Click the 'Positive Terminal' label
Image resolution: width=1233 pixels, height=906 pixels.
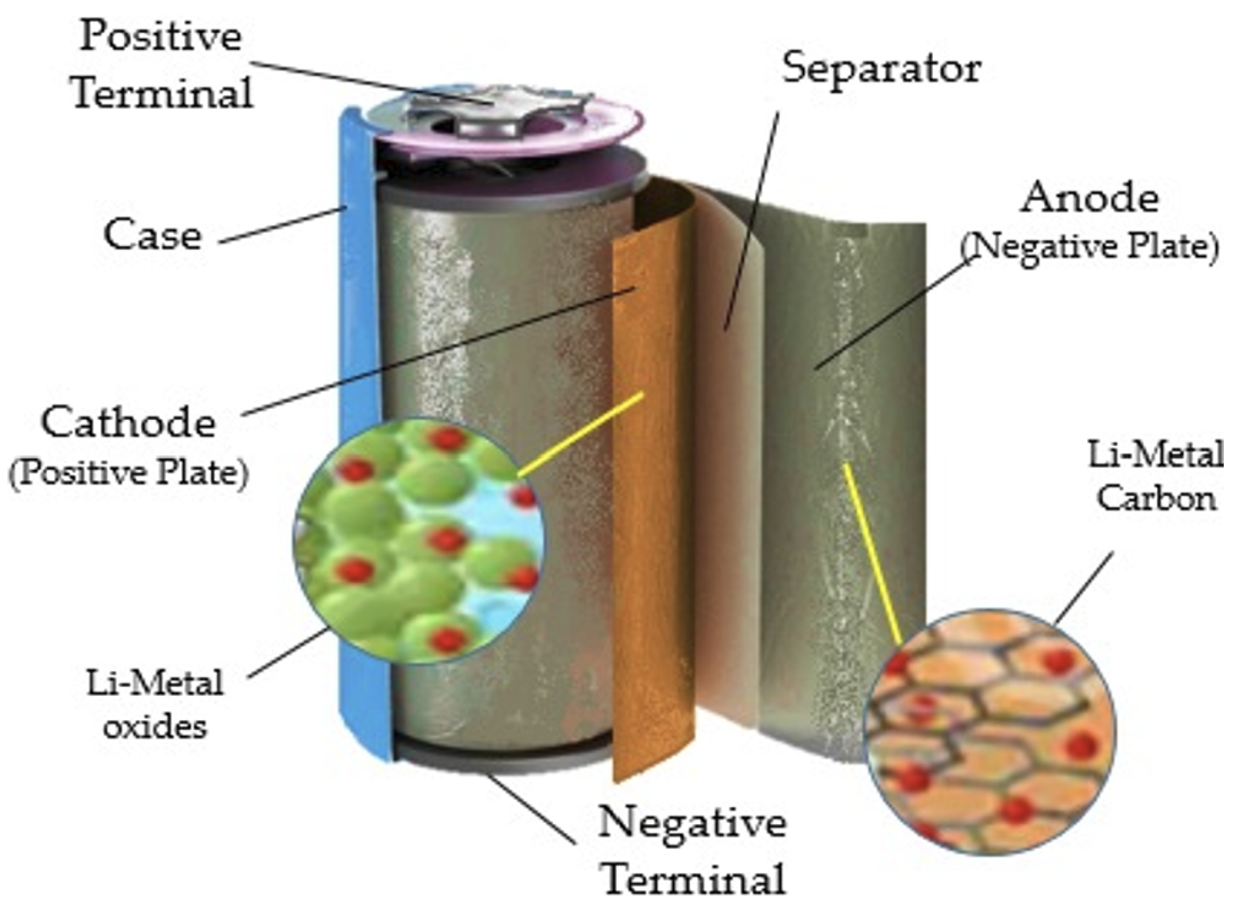pyautogui.click(x=162, y=64)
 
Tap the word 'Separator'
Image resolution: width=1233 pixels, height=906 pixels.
pyautogui.click(x=881, y=69)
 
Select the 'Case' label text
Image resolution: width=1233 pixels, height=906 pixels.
pyautogui.click(x=152, y=235)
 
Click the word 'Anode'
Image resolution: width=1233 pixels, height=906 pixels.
pyautogui.click(x=1089, y=198)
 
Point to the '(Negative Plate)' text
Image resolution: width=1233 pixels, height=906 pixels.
pyautogui.click(x=1089, y=247)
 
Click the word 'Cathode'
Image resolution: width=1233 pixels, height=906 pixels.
pyautogui.click(x=129, y=423)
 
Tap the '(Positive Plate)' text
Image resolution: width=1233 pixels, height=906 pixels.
pyautogui.click(x=129, y=473)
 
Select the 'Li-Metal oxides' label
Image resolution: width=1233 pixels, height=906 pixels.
pyautogui.click(x=156, y=704)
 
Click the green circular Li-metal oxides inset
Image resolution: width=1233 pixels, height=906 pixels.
pyautogui.click(x=418, y=541)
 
